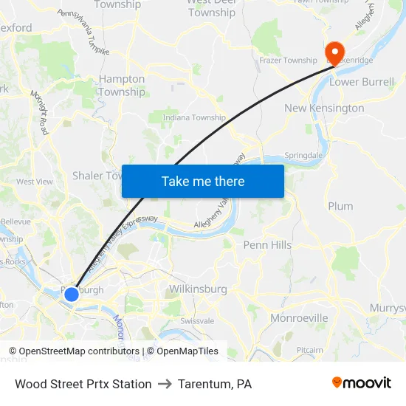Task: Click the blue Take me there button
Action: point(203,181)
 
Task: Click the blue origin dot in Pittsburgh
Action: point(72,295)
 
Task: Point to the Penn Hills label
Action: point(267,244)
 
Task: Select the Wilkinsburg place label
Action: point(198,289)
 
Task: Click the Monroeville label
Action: point(299,317)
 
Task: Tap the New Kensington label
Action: point(324,108)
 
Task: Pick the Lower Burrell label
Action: point(362,82)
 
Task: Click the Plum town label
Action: point(340,206)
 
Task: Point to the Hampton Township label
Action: point(122,85)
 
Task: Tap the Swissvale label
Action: point(197,321)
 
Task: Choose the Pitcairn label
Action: point(309,350)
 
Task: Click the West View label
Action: point(35,182)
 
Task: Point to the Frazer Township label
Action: point(288,60)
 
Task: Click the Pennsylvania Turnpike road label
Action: point(83,32)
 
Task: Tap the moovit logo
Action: point(362,383)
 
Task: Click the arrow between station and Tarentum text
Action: point(165,384)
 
